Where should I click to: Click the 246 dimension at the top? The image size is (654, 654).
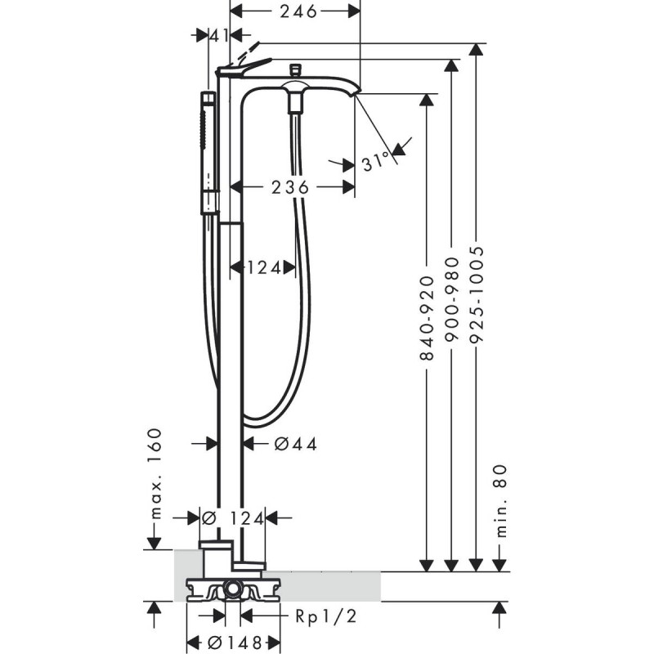[x=295, y=11]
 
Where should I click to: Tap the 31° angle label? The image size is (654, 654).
[x=374, y=163]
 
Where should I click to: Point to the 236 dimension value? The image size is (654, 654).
[x=290, y=187]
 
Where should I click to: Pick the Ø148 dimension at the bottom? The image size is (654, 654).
[x=235, y=642]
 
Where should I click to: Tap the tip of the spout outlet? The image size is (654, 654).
[x=355, y=96]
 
